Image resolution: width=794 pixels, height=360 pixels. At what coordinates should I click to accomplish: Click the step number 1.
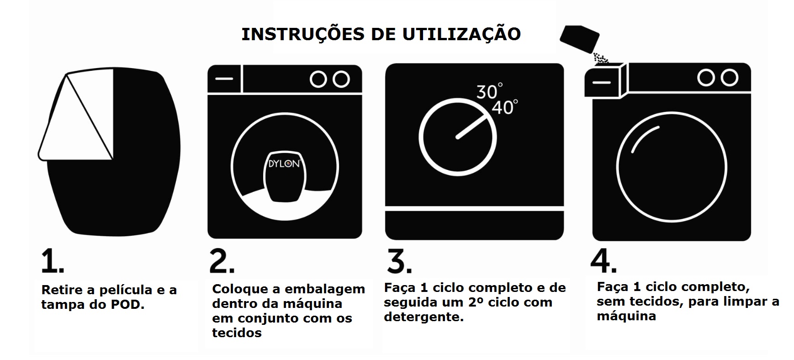[x=52, y=261]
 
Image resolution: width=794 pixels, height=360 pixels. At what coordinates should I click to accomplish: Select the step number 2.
[x=222, y=261]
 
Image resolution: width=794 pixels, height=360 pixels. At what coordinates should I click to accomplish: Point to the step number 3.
[x=399, y=261]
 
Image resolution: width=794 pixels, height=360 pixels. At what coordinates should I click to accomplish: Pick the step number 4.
[x=603, y=260]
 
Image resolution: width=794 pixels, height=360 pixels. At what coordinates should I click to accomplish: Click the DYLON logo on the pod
[x=284, y=164]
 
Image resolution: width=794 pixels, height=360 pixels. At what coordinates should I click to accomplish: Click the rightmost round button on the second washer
[x=341, y=79]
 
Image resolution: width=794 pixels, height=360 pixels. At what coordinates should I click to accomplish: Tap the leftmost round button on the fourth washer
[x=705, y=78]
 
